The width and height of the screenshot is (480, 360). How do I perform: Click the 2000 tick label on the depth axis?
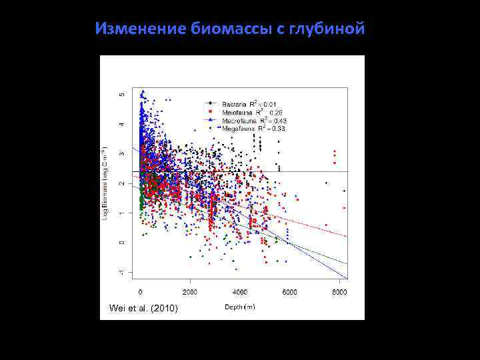point(190,292)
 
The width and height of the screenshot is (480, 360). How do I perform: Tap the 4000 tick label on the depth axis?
point(240,292)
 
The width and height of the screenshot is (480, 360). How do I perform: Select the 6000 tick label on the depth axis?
point(290,292)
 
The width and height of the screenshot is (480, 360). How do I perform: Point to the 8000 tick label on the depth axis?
point(339,292)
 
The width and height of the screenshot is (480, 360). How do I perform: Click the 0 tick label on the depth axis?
point(140,292)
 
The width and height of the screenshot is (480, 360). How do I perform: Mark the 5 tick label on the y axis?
point(121,94)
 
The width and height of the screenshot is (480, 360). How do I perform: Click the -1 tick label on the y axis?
point(121,271)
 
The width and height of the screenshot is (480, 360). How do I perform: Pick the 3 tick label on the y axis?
point(121,153)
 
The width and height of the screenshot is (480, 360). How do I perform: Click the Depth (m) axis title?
point(239,306)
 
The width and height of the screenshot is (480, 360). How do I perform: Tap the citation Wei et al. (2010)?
point(143,307)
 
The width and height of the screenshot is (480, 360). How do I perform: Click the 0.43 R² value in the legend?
point(273,120)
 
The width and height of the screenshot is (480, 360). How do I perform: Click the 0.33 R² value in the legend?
point(273,127)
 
